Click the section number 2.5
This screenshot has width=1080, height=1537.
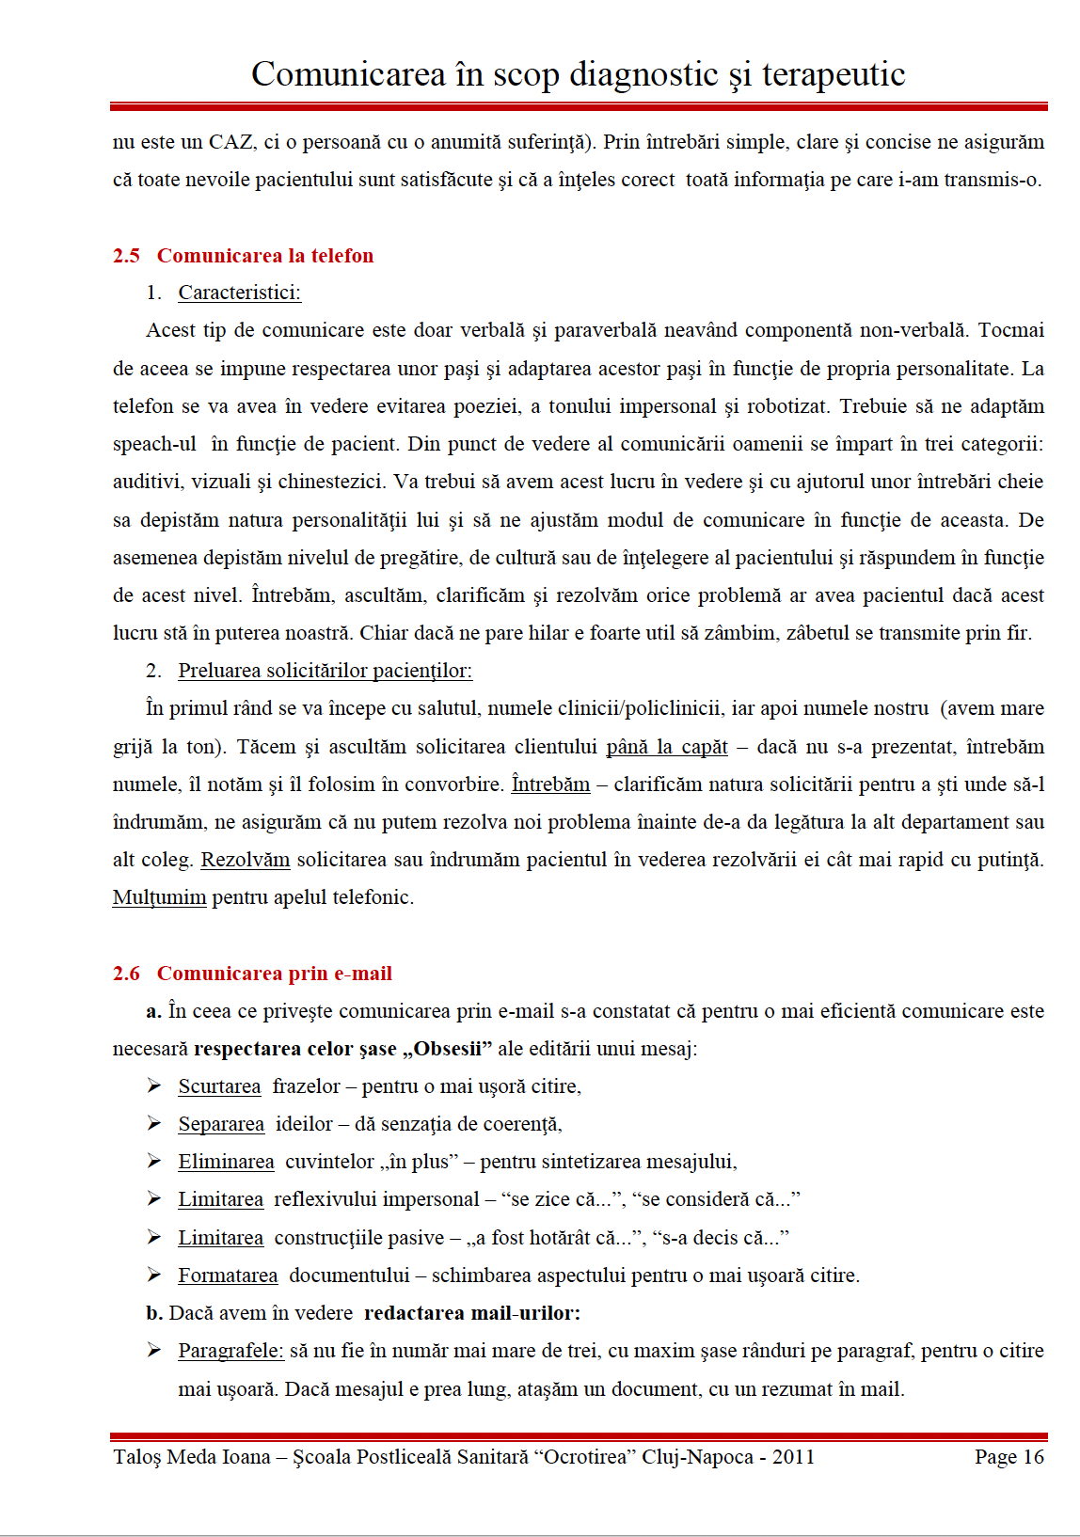pyautogui.click(x=126, y=256)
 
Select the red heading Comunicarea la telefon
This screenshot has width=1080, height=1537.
pyautogui.click(x=264, y=256)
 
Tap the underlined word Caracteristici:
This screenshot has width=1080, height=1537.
pyautogui.click(x=239, y=293)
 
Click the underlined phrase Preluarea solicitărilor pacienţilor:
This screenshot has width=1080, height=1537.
pyautogui.click(x=325, y=671)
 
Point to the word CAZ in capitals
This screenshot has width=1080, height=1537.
pyautogui.click(x=230, y=142)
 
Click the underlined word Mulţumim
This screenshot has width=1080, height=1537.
pyautogui.click(x=159, y=897)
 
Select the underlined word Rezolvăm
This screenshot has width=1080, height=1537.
pyautogui.click(x=245, y=860)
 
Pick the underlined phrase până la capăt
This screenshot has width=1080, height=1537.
pyautogui.click(x=666, y=747)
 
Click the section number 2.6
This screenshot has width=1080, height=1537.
pyautogui.click(x=126, y=974)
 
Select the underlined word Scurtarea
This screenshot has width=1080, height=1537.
pyautogui.click(x=219, y=1086)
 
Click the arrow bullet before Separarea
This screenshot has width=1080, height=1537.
pyautogui.click(x=154, y=1123)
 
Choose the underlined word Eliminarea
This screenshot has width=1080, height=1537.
pyautogui.click(x=226, y=1162)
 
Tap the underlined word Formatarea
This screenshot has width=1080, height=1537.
pyautogui.click(x=228, y=1276)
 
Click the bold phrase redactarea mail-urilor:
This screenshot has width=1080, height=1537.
pyautogui.click(x=471, y=1313)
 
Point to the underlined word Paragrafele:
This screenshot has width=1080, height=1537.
pyautogui.click(x=230, y=1351)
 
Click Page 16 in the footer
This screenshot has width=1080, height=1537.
pyautogui.click(x=1009, y=1457)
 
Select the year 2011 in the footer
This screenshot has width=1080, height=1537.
pyautogui.click(x=792, y=1457)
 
